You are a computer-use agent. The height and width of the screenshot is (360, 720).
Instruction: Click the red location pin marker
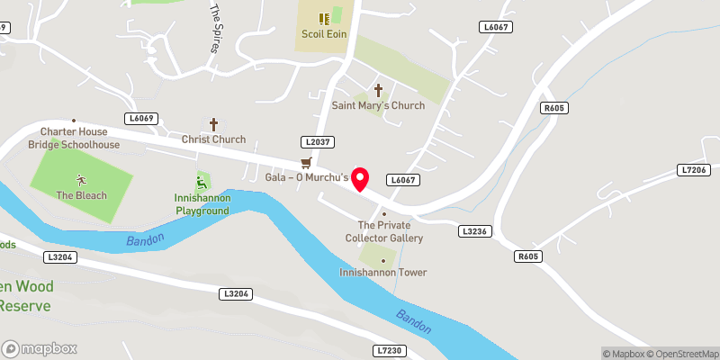pos(361,178)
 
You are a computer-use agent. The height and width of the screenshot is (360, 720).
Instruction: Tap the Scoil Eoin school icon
pos(323,17)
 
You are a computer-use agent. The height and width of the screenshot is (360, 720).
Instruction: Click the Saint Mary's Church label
pos(378,105)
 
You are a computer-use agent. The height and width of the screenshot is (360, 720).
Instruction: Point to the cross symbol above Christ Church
pos(214,124)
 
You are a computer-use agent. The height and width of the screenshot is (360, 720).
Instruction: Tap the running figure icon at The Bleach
pos(81,180)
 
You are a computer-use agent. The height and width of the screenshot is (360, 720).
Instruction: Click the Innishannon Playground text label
pos(202,204)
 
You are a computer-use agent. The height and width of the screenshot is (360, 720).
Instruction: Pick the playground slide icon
pos(202,182)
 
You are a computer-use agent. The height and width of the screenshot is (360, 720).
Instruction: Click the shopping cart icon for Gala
pos(306,163)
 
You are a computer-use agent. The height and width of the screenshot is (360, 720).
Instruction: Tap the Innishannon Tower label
pos(383,272)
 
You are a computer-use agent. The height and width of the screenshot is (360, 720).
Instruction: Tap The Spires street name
pos(215,27)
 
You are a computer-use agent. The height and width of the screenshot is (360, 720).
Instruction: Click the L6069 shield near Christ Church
pos(143,118)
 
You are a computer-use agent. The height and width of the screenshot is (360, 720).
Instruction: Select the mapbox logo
pos(40,348)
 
